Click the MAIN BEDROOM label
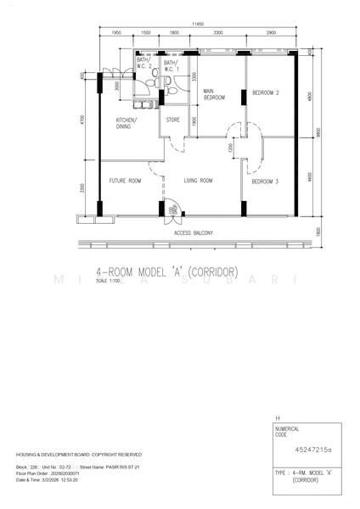click(x=213, y=95)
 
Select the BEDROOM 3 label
click(x=266, y=182)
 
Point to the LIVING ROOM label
click(x=199, y=181)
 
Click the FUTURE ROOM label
click(x=124, y=181)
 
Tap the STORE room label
click(x=172, y=120)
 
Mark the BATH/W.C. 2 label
click(x=145, y=64)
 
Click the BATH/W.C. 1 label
click(x=171, y=64)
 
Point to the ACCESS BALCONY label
click(x=193, y=232)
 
